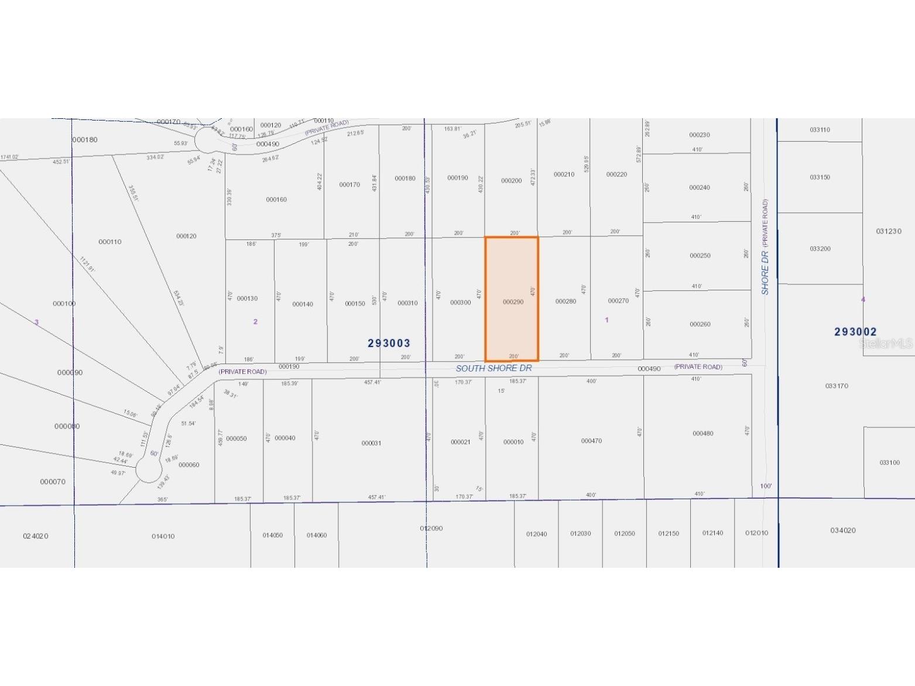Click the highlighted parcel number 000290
coord(513,302)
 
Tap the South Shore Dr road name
coord(494,368)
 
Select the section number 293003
coord(389,343)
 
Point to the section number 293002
coord(855,332)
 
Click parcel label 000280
coord(566,301)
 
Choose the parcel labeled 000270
coord(618,301)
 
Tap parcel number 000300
coord(460,303)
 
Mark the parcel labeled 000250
coord(700,256)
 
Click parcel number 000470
coord(591,441)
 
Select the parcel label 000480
coord(702,434)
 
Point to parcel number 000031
coord(371,443)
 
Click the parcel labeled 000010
coord(513,442)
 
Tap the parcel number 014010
coord(163,536)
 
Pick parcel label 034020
coord(842,530)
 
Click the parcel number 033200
coord(820,249)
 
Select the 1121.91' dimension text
coord(87,265)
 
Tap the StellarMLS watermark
coord(886,344)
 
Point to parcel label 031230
coord(889,231)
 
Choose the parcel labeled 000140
coord(303,304)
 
